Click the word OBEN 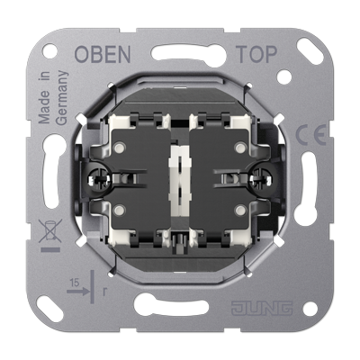pyautogui.click(x=102, y=54)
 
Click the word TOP pyautogui.click(x=256, y=54)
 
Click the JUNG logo pyautogui.click(x=262, y=308)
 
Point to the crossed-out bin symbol pyautogui.click(x=50, y=230)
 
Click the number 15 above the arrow pyautogui.click(x=75, y=283)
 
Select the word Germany pyautogui.click(x=62, y=98)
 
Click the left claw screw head pyautogui.click(x=97, y=179)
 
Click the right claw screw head pyautogui.click(x=263, y=179)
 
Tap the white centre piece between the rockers pyautogui.click(x=180, y=181)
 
